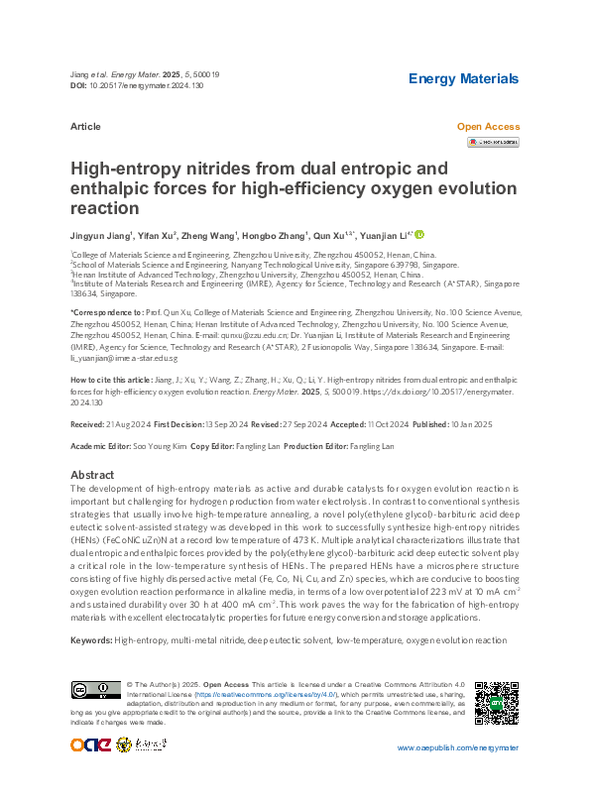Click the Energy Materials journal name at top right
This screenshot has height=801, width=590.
coord(463,78)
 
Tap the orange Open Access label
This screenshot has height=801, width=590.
coord(488,127)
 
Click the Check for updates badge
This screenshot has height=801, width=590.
coord(493,143)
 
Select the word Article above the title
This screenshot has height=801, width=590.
coord(85,128)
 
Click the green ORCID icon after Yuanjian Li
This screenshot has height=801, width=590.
coord(419,235)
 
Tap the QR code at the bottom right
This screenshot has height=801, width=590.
coord(497,703)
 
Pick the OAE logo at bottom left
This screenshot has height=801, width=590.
coord(91,718)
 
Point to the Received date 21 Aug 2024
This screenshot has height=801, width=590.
coord(128,423)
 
